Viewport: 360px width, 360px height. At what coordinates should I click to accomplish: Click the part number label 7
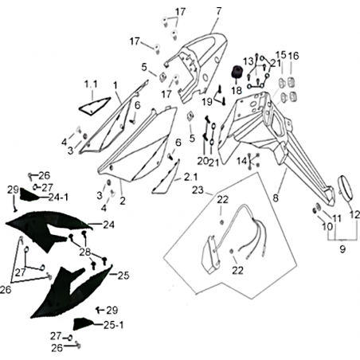pos(218,11)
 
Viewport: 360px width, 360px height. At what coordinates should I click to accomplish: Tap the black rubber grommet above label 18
pos(236,72)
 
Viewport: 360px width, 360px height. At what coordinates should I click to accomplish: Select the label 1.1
pos(91,84)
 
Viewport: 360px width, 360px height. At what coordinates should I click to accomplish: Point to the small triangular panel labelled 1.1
pos(95,106)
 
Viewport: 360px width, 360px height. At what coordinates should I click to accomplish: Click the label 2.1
pos(191,177)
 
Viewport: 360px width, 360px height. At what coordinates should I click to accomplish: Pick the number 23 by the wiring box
pos(198,190)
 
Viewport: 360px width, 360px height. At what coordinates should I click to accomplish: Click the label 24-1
pos(58,198)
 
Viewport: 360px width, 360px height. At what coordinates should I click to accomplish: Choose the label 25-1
pos(113,325)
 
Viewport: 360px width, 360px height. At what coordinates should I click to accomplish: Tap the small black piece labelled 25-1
pos(83,323)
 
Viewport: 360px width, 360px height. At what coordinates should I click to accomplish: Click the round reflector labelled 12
pos(346,187)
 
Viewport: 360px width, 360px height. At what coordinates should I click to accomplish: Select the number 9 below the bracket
pos(342,249)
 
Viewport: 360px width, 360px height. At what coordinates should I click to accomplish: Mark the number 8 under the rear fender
pos(276,198)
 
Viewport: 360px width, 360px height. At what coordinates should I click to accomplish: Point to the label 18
pos(237,91)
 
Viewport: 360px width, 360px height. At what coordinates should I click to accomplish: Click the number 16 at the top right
pos(293,56)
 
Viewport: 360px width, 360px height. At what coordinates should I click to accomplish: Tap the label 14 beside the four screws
pos(241,161)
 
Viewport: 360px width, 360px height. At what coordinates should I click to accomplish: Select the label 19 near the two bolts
pos(207,102)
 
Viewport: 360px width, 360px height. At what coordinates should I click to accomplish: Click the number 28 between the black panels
pos(85,252)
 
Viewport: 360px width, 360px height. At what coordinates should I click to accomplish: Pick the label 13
pos(248,62)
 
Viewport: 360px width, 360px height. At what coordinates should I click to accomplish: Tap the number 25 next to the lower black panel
pos(123,276)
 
